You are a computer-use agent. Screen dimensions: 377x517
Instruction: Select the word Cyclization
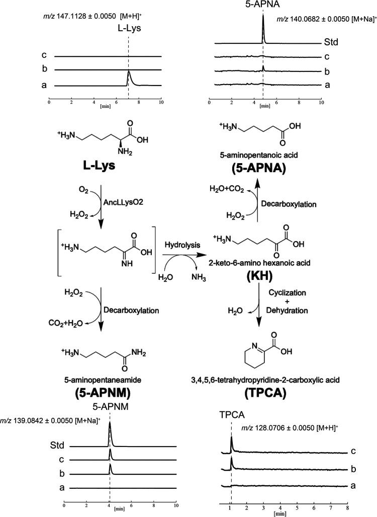[307, 291]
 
